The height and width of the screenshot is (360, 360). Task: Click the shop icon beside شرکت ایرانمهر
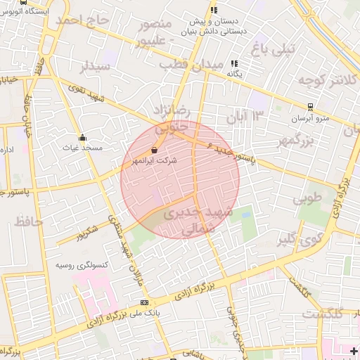154,150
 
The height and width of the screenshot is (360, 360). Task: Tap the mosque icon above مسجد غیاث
84,137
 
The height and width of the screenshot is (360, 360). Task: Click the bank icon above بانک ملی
146,302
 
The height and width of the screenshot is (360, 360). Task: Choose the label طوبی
307,199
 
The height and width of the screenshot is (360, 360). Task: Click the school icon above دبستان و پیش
214,10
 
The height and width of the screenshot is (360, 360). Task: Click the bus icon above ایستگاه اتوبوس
25,2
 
